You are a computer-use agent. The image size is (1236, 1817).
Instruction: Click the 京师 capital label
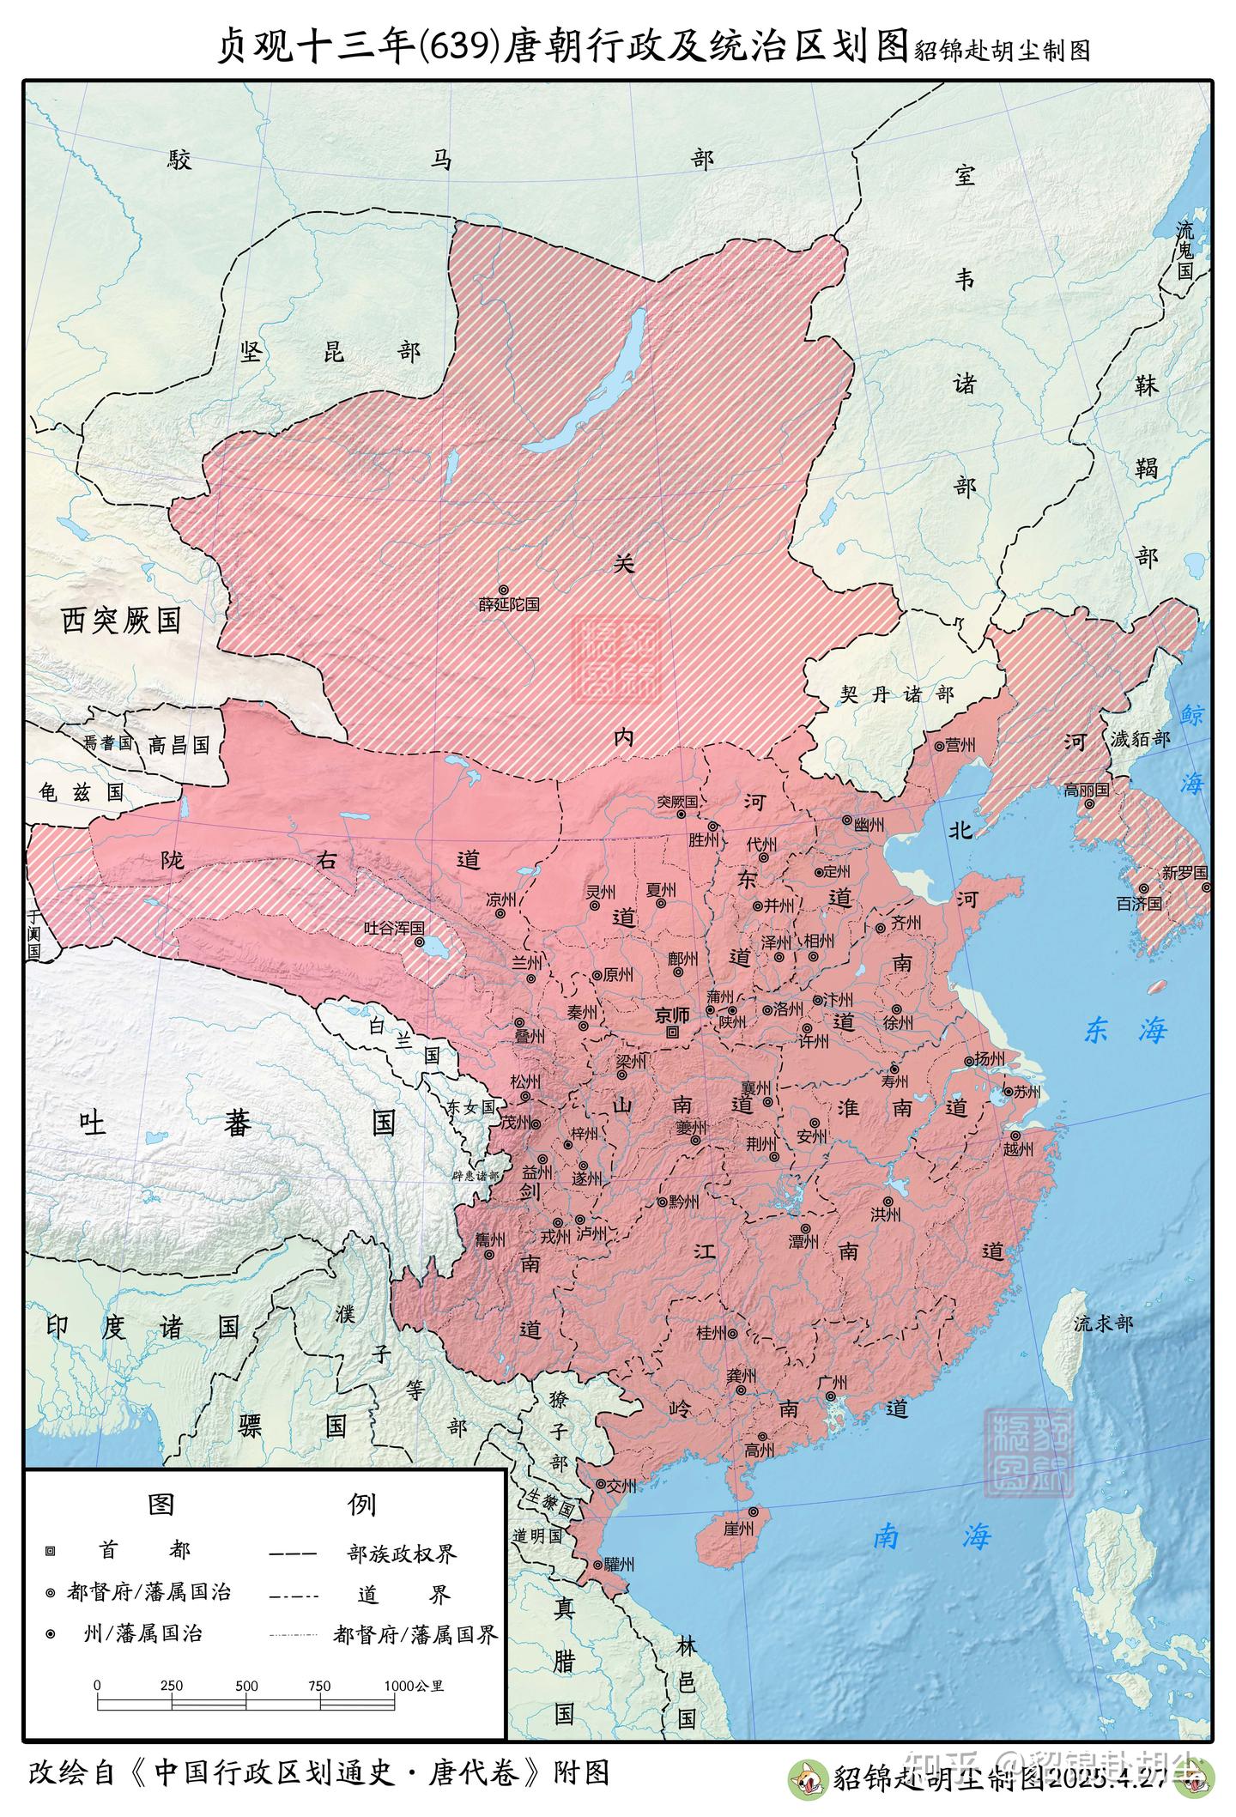[672, 1014]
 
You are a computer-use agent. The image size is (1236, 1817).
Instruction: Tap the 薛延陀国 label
[509, 604]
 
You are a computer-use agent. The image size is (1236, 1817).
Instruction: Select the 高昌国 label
[179, 745]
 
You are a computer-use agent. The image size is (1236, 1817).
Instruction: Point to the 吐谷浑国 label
[394, 928]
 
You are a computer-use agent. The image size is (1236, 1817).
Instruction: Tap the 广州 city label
[833, 1383]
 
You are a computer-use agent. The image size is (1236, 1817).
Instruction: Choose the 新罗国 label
[1184, 872]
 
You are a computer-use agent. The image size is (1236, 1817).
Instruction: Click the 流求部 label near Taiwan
[1103, 1323]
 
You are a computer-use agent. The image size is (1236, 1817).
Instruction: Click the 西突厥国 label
[121, 620]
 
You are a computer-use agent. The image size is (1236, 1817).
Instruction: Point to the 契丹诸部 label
[896, 694]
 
